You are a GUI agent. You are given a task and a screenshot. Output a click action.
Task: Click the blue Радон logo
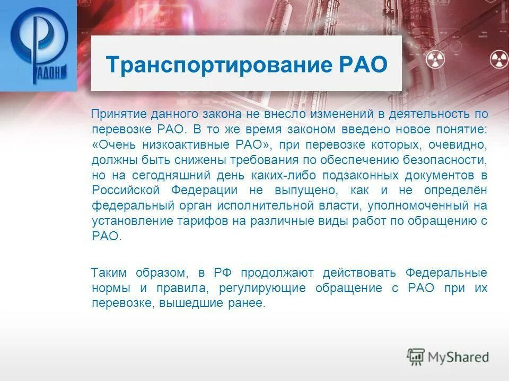[38, 46]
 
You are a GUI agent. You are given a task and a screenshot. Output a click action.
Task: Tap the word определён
[455, 190]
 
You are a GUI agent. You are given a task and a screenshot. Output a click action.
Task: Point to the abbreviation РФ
[222, 273]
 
